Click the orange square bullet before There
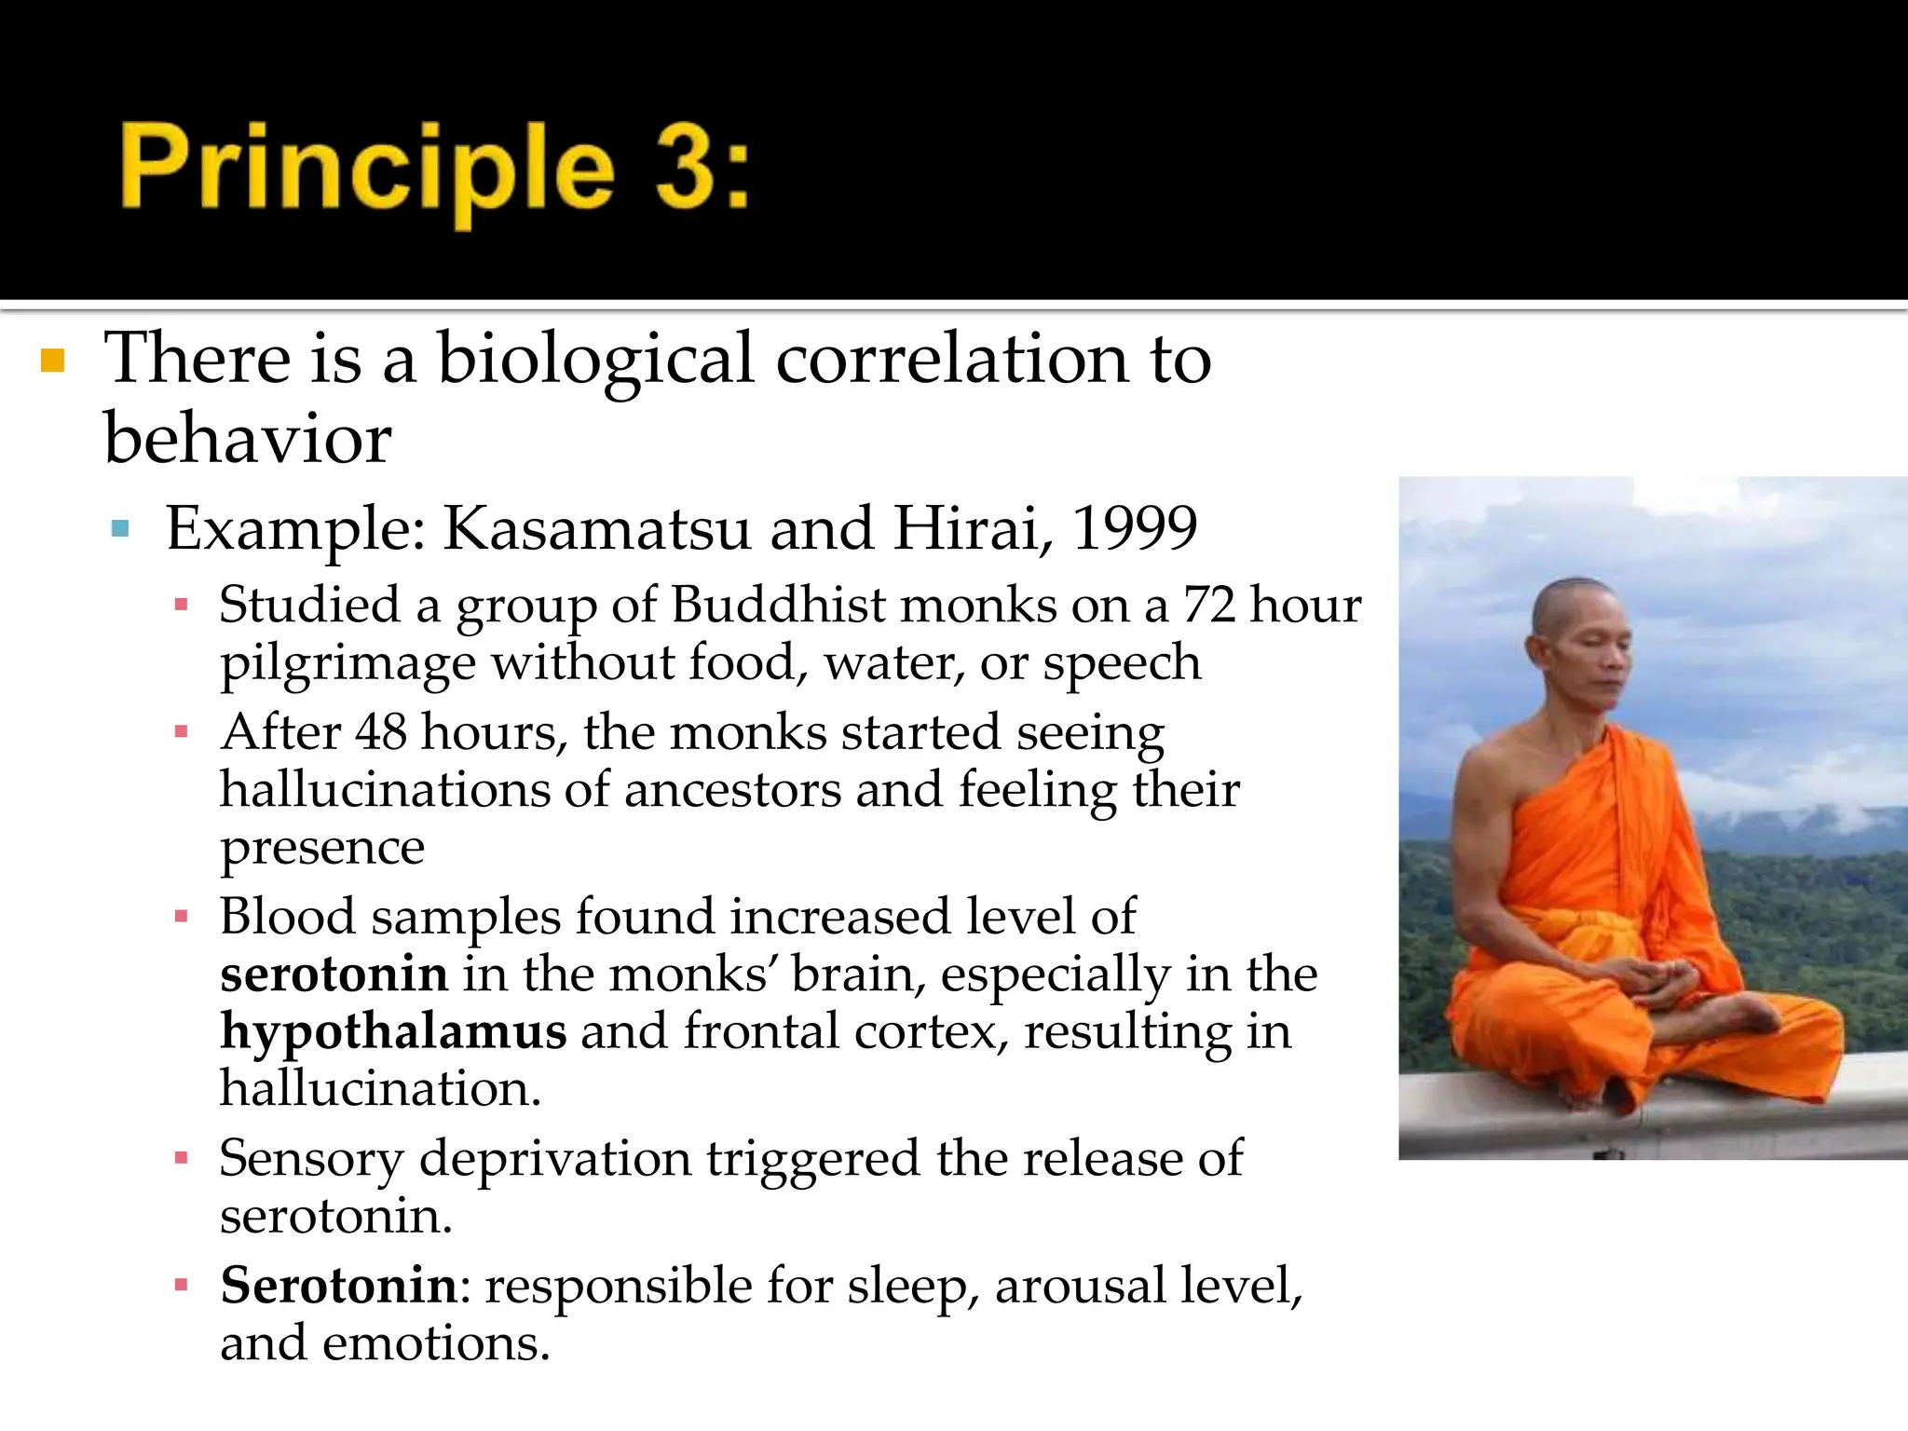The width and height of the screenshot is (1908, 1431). [x=53, y=361]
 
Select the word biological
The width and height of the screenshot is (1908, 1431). [x=595, y=361]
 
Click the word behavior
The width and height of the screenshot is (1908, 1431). [x=248, y=438]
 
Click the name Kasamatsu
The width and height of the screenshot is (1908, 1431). [x=596, y=528]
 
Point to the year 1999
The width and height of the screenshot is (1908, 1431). [x=1134, y=528]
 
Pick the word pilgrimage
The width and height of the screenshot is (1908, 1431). [x=348, y=663]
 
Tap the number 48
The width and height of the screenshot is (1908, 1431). [x=381, y=732]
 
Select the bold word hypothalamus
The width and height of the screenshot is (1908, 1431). [x=393, y=1031]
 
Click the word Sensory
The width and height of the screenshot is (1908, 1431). [x=311, y=1158]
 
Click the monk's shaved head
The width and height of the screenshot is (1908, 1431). [x=1573, y=606]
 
